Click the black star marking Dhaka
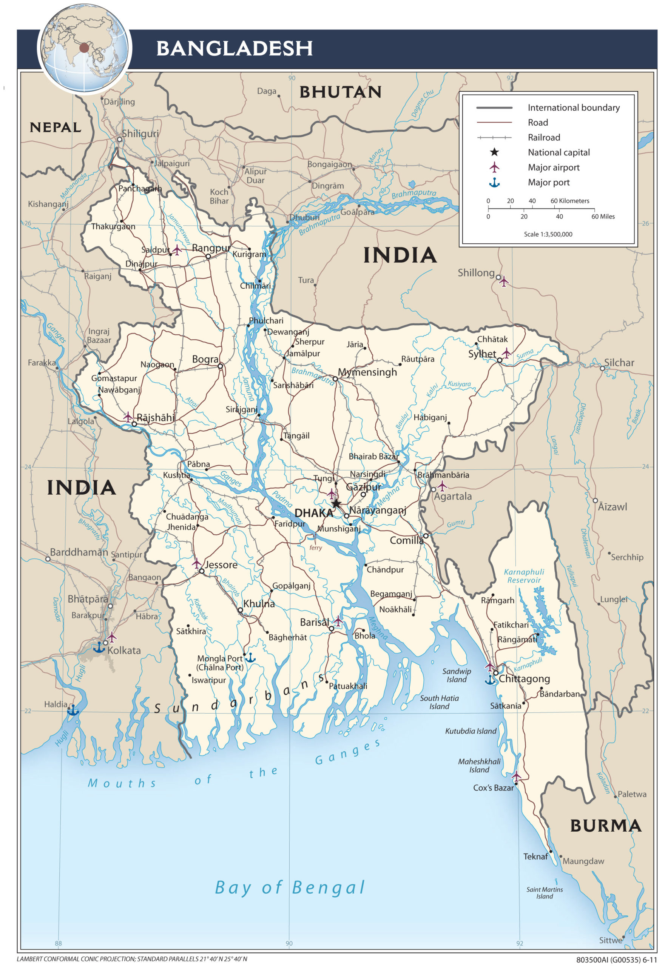click(x=336, y=503)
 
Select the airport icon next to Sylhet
click(x=506, y=353)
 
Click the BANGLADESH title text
click(x=234, y=48)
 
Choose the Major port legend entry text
click(x=548, y=182)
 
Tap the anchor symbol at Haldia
click(x=73, y=710)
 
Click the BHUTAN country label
click(x=340, y=92)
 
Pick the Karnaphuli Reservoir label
click(x=524, y=576)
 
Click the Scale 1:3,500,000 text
click(x=548, y=234)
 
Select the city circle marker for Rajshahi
click(x=134, y=424)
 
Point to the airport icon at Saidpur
click(x=177, y=250)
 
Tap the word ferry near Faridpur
click(x=315, y=548)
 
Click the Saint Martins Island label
click(x=544, y=893)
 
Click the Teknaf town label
click(x=535, y=857)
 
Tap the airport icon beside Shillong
click(x=504, y=281)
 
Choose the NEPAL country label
click(x=56, y=128)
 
